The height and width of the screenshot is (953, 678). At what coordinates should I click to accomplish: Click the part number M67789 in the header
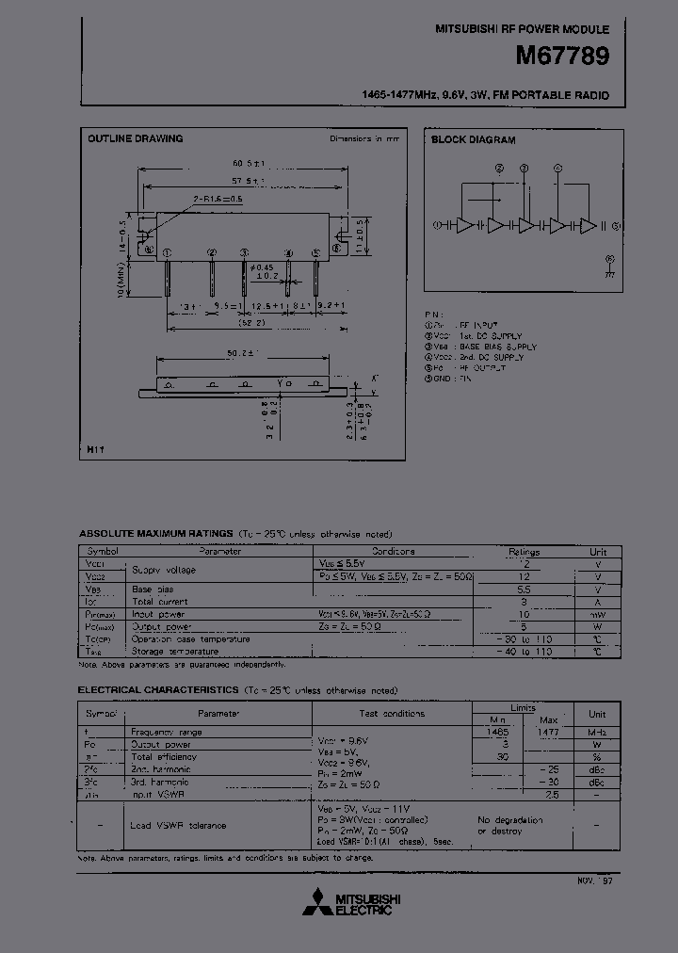tap(562, 57)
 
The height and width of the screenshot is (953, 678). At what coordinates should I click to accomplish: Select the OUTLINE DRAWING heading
tap(135, 138)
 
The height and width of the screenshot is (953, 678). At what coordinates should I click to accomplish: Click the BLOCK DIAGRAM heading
tap(473, 139)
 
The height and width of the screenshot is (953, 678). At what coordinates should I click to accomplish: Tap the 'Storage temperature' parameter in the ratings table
tap(172, 650)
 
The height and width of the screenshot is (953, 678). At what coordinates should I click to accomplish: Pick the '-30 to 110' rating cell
tap(524, 638)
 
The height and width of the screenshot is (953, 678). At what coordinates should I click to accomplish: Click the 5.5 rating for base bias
tap(524, 589)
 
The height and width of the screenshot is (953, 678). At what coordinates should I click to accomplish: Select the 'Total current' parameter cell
tap(160, 601)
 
